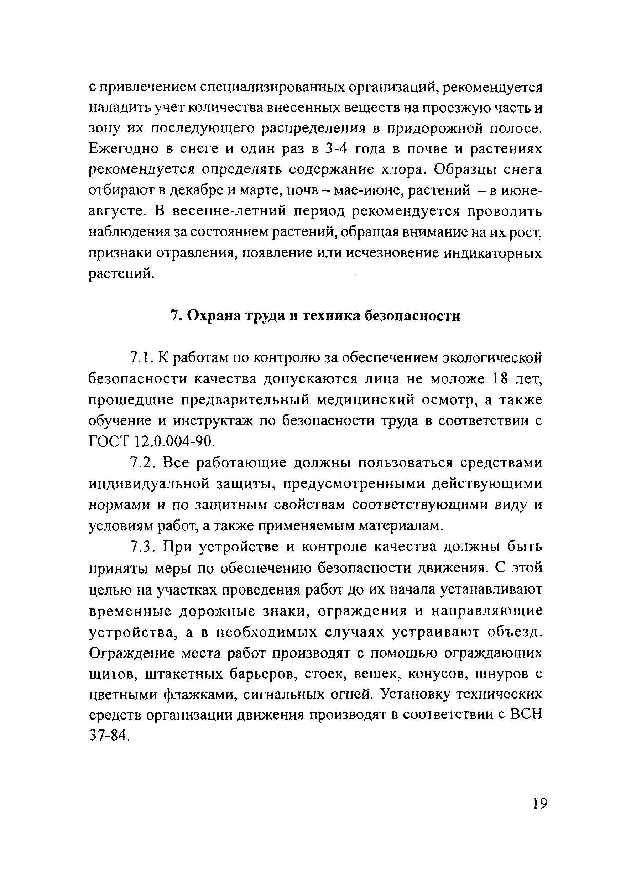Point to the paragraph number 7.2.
[142, 463]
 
